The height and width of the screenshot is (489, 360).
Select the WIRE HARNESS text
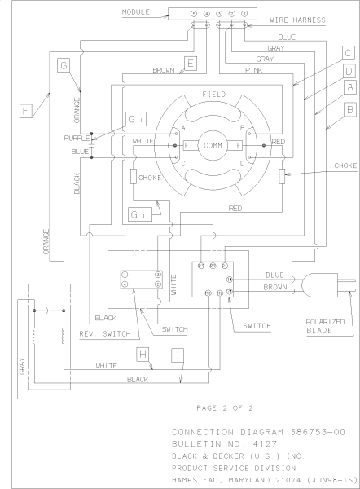point(298,19)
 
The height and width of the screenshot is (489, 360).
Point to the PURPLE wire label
point(76,138)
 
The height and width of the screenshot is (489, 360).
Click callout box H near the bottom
point(143,354)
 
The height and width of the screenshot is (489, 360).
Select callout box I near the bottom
point(176,354)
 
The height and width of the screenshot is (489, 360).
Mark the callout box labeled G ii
point(138,214)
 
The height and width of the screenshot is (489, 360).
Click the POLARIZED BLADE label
point(327,326)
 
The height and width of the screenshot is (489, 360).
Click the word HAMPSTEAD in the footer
point(200,480)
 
